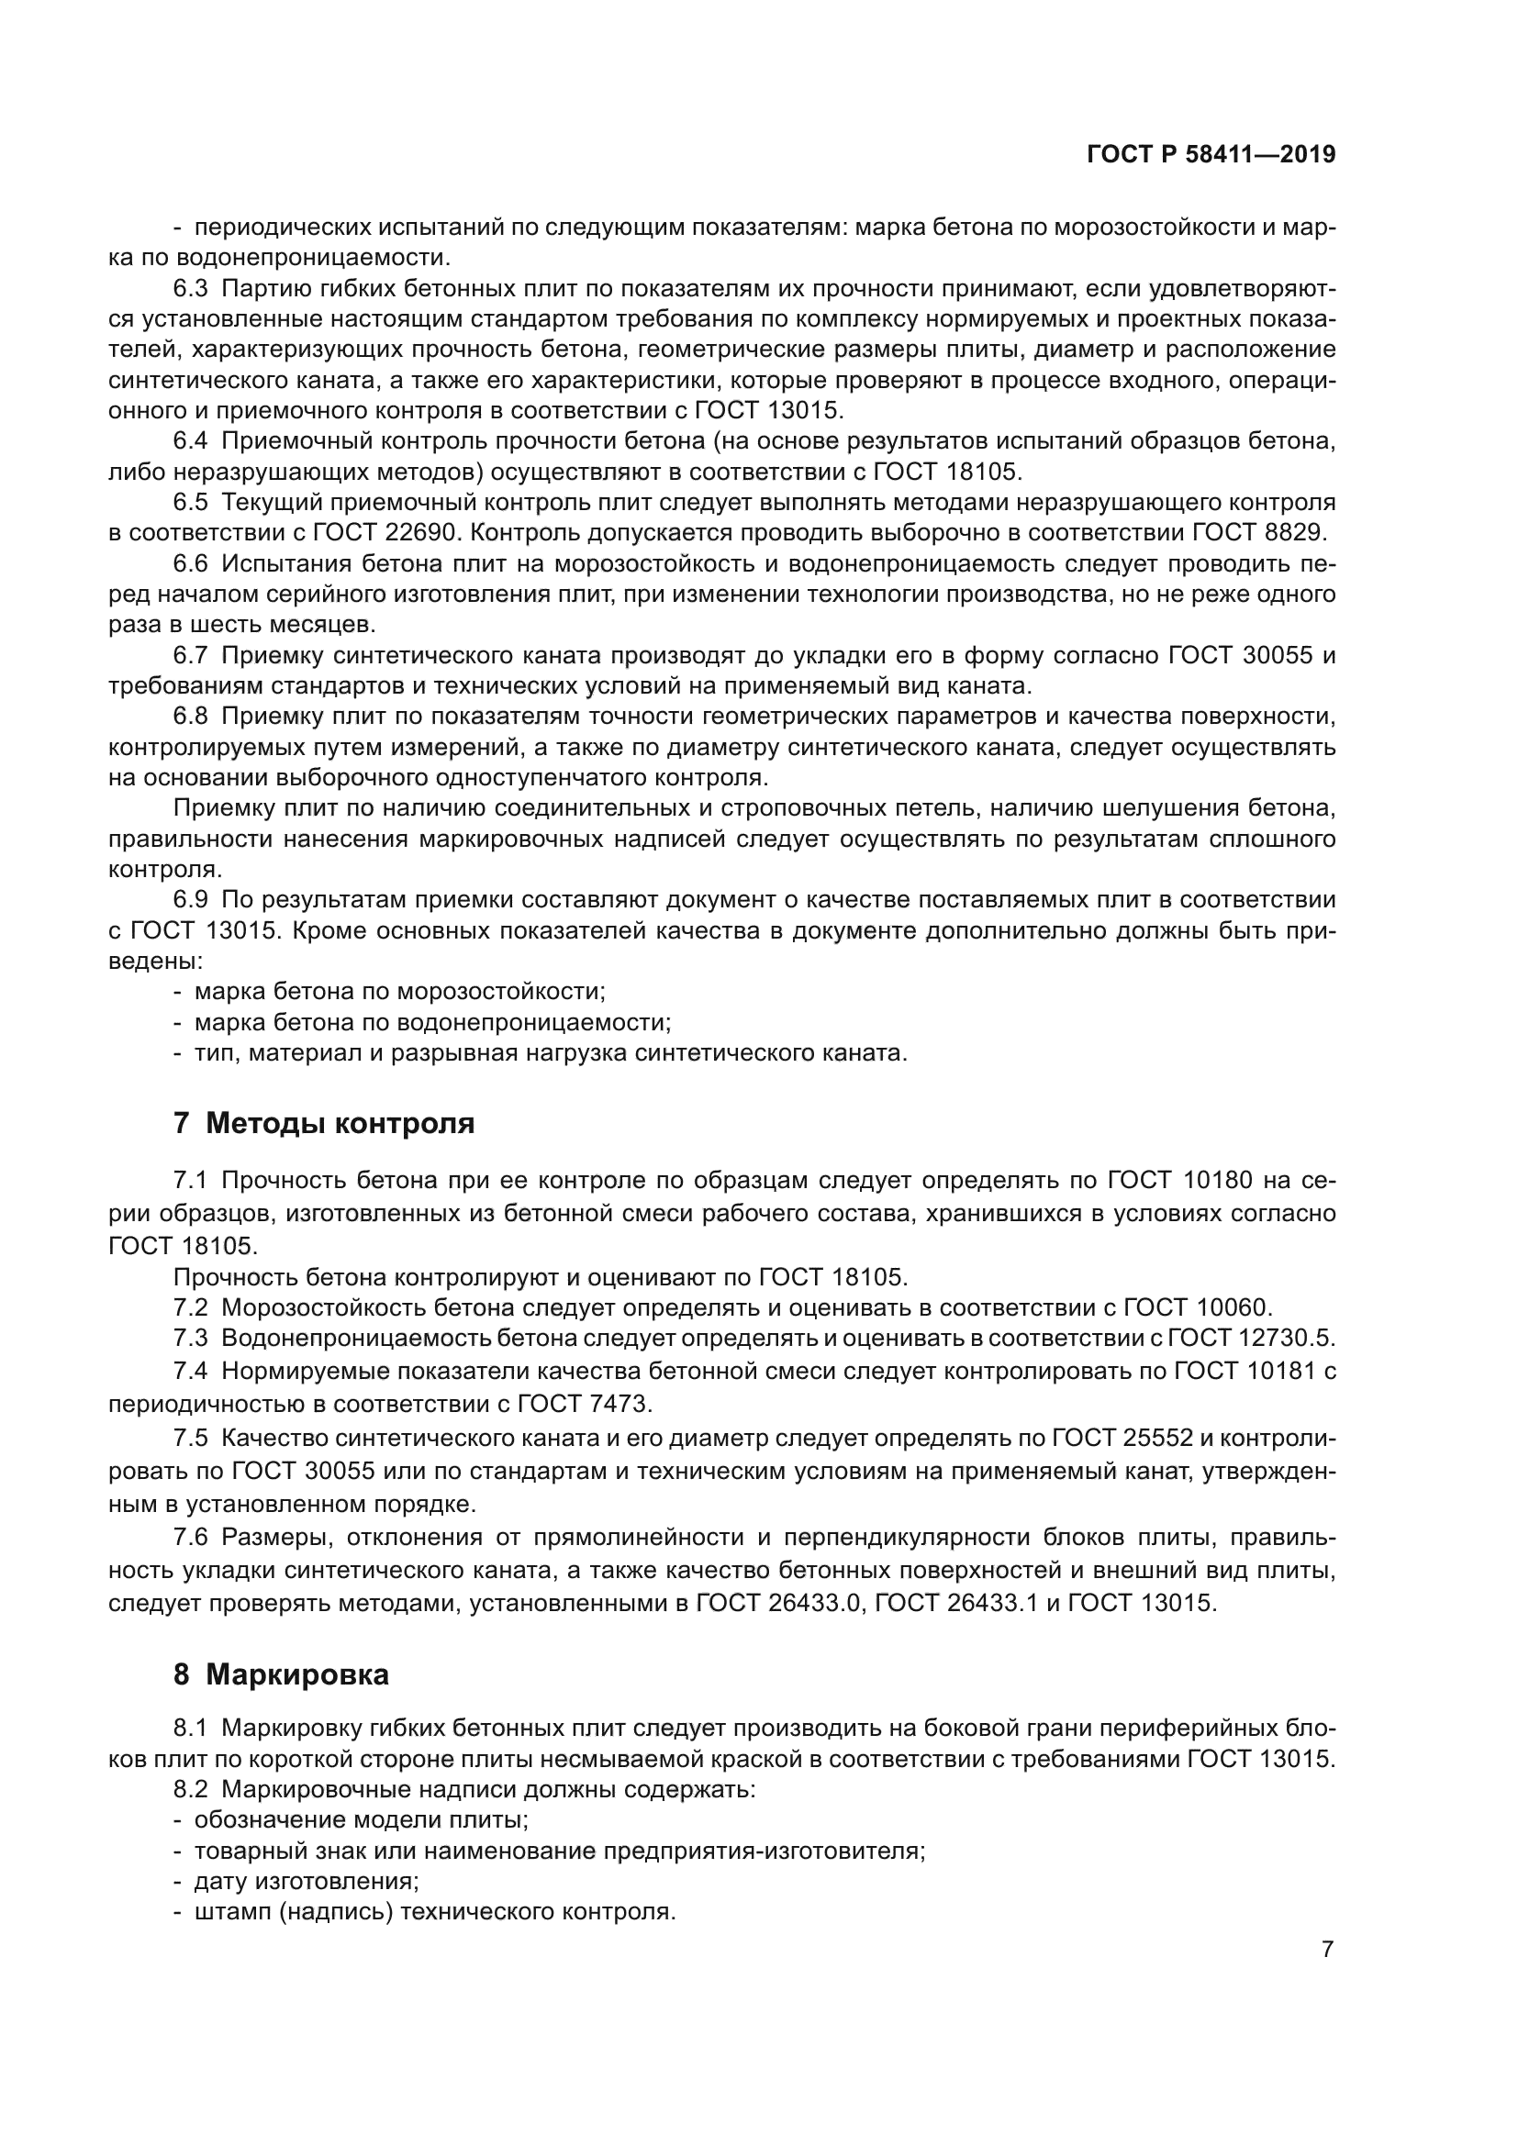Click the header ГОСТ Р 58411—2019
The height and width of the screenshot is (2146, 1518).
tap(1211, 155)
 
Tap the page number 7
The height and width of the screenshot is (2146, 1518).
tap(1327, 1949)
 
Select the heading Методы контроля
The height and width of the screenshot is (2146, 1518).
tap(340, 1124)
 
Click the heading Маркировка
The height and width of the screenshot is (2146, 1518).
tap(297, 1675)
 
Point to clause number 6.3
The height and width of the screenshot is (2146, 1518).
tap(191, 289)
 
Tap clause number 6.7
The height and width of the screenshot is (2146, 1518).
tap(191, 656)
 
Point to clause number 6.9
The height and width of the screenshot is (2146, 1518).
tap(191, 900)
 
